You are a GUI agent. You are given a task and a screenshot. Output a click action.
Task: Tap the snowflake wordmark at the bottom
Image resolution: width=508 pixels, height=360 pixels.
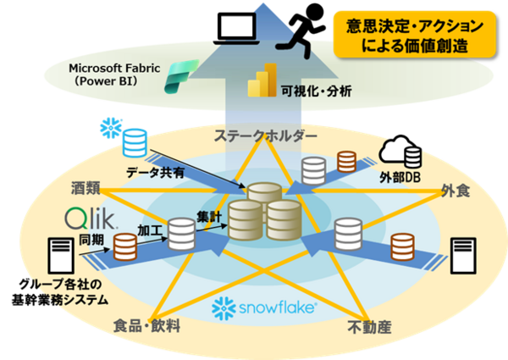coord(266,307)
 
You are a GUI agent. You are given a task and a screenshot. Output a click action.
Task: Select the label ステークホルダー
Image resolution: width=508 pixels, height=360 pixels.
coord(253,136)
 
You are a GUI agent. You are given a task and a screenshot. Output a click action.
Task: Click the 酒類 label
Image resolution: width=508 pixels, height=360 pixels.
coord(87,185)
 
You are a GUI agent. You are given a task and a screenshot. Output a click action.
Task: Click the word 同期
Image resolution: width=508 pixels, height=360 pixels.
coord(91,241)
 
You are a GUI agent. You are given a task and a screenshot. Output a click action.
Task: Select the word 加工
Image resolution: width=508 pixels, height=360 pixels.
coord(151,229)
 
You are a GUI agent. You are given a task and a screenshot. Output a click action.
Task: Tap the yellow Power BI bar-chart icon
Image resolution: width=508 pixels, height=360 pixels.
coord(263,80)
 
